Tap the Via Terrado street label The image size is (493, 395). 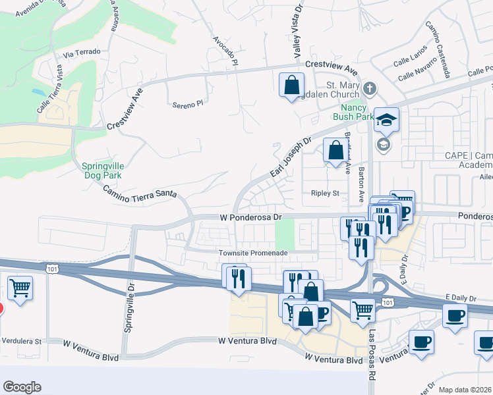pos(82,51)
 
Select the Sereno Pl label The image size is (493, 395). pos(188,104)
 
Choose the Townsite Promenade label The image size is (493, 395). pos(253,253)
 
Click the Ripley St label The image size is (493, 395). pos(324,194)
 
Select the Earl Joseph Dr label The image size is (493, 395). pos(290,157)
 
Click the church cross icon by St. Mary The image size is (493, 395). pos(370,88)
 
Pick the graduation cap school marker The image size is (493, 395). pos(386,120)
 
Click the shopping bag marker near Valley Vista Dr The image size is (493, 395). pos(291,85)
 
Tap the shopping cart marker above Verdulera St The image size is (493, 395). pos(20,287)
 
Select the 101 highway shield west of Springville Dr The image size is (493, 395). pos(51,268)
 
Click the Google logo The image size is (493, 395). pos(22,387)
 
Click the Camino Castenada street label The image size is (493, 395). pos(438,49)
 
